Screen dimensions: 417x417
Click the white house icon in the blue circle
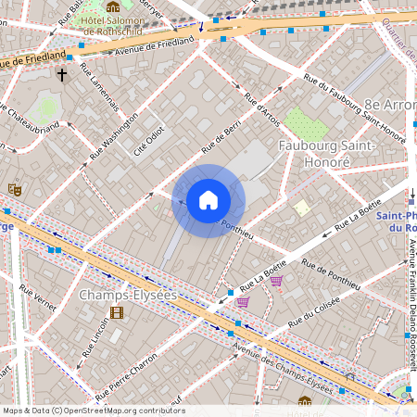tap(208, 200)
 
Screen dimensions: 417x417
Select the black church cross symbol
tap(63, 74)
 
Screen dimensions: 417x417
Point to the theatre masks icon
tap(14, 189)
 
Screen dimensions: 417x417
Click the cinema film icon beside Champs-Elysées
tap(117, 312)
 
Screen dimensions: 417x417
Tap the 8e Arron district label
tap(389, 105)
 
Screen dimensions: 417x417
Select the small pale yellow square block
tap(302, 208)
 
